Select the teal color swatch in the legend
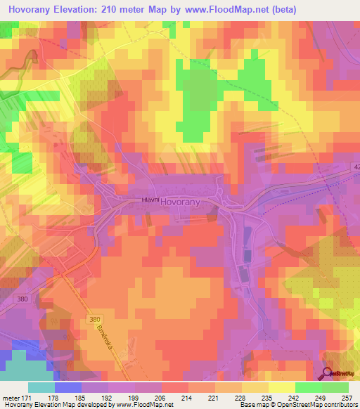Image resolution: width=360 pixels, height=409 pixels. [x=41, y=388]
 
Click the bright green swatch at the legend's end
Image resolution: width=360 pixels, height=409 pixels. [x=335, y=388]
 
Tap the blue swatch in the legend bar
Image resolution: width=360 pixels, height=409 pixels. [x=67, y=388]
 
